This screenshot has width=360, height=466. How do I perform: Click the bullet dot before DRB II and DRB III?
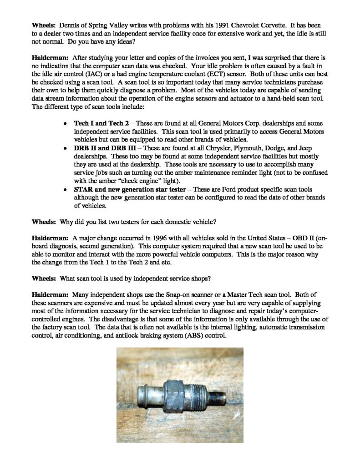pyautogui.click(x=66, y=149)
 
